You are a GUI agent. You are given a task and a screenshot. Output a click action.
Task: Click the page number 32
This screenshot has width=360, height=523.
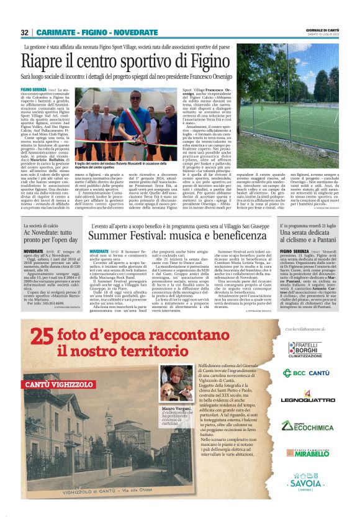coord(24,32)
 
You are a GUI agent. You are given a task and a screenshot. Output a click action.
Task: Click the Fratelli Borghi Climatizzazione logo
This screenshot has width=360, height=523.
coord(304,349)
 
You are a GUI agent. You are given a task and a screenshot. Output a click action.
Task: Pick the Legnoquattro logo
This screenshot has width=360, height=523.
coord(305,398)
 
